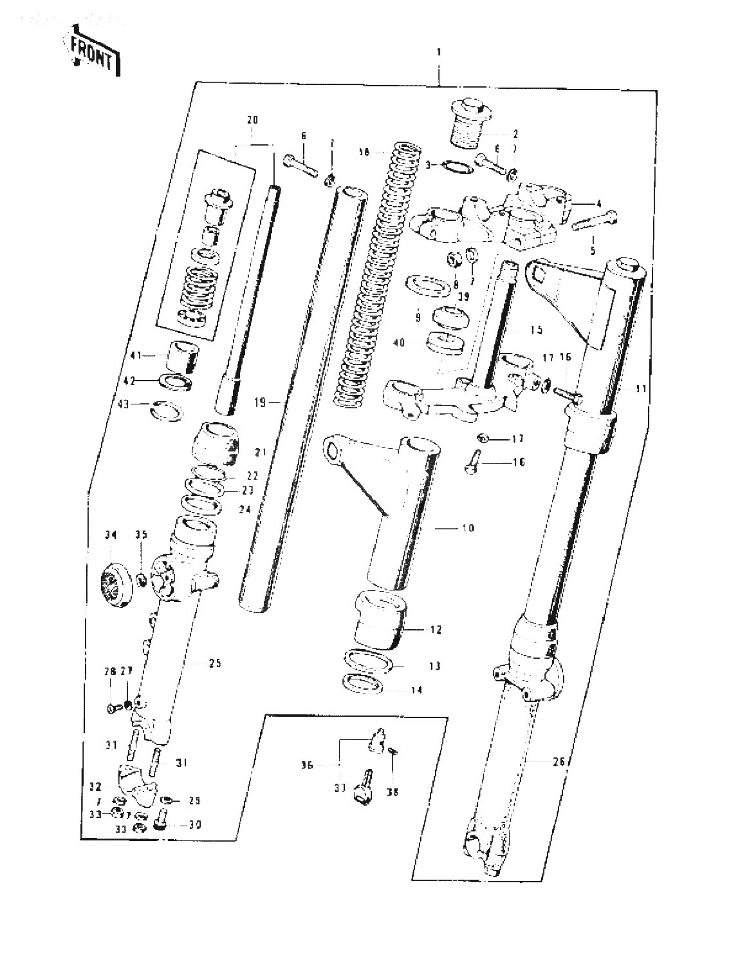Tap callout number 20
click(252, 120)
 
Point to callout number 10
click(467, 528)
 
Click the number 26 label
click(558, 762)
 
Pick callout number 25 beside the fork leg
click(214, 663)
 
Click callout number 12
click(436, 630)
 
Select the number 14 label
click(416, 690)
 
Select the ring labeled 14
click(363, 683)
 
